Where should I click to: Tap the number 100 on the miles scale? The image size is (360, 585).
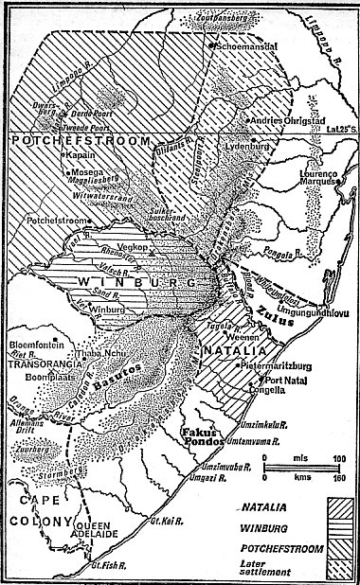click(x=336, y=459)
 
